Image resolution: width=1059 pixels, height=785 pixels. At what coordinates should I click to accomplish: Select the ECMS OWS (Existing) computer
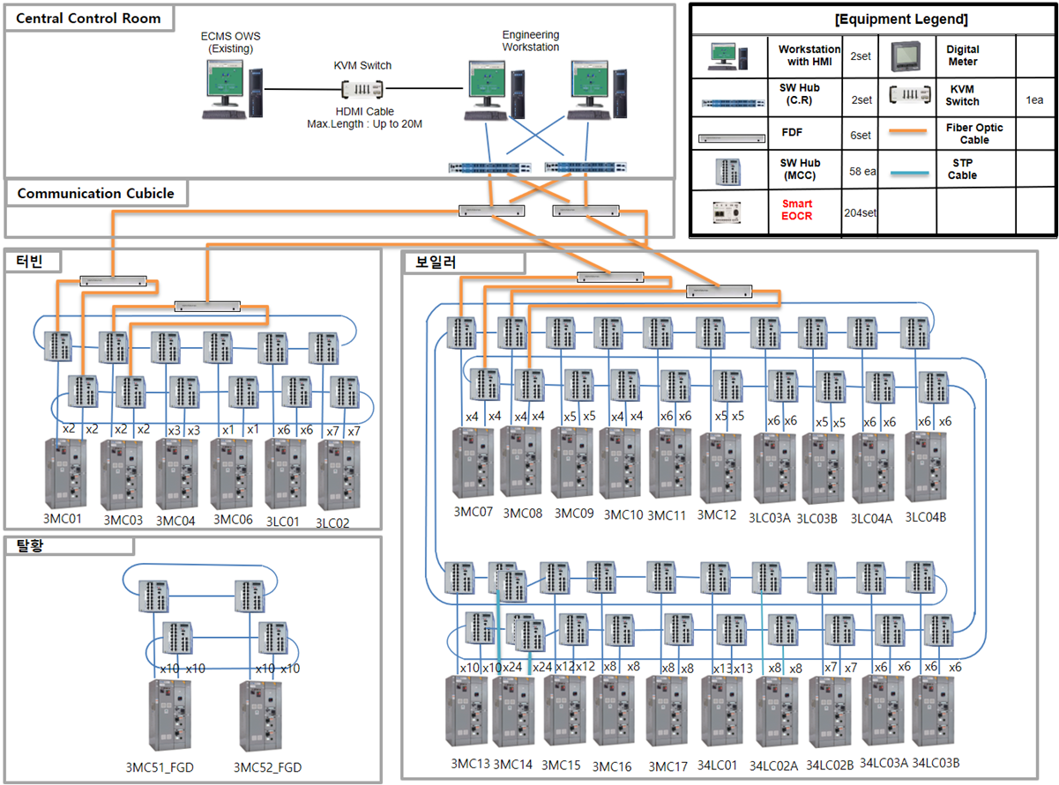(232, 88)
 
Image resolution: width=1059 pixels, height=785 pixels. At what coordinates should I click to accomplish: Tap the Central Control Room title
(89, 18)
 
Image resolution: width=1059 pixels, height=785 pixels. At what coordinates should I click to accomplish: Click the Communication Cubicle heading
(95, 193)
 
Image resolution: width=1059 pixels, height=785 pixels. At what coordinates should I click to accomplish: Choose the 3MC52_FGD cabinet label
(267, 767)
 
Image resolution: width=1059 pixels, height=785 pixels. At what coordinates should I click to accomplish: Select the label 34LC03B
(936, 762)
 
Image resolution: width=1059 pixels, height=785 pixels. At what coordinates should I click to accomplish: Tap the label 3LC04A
(871, 519)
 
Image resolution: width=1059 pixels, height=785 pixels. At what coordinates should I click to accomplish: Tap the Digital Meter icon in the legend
(911, 56)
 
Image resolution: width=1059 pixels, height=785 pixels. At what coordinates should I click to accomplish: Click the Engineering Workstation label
(531, 41)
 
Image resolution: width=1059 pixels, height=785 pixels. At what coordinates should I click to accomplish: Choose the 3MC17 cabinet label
(667, 766)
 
